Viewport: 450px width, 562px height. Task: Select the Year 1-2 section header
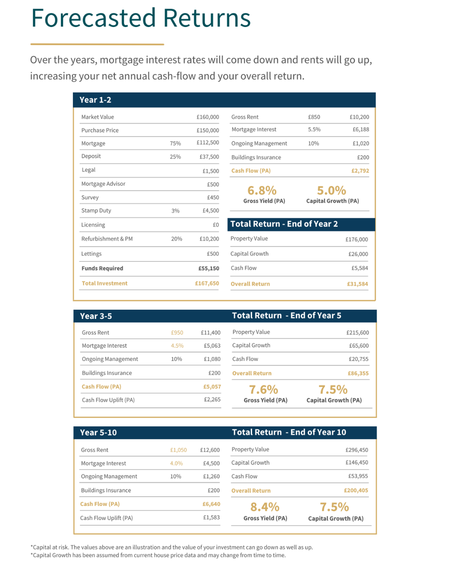95,100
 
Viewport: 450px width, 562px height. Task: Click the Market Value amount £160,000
207,117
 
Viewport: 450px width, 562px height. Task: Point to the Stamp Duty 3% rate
175,211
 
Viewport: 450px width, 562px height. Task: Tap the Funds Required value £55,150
208,269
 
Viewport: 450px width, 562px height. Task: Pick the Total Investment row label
105,283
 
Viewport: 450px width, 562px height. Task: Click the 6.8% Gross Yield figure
262,191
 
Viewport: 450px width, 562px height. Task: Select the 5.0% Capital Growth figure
332,191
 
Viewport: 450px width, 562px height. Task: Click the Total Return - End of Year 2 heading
284,224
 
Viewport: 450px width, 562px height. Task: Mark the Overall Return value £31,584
357,284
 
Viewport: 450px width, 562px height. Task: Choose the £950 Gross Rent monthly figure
177,333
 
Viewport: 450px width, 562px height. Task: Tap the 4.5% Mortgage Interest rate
177,346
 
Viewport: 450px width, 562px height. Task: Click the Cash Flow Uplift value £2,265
212,400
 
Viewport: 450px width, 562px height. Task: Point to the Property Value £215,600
357,333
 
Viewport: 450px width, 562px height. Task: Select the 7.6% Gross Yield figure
263,390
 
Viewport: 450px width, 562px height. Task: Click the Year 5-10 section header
98,433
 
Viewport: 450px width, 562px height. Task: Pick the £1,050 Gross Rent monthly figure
178,450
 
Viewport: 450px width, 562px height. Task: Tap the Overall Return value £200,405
356,490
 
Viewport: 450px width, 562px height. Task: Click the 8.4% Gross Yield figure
265,507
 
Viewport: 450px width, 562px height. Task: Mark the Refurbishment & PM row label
107,239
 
